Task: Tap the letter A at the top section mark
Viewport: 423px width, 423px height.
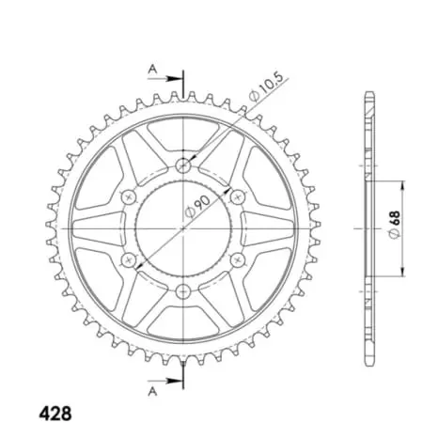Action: tap(152, 67)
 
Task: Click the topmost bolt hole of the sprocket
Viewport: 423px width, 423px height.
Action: tap(182, 165)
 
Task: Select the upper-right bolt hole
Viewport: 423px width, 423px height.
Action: tap(237, 196)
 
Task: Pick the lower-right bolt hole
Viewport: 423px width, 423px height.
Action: tap(237, 259)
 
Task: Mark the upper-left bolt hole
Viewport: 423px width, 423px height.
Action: tap(128, 196)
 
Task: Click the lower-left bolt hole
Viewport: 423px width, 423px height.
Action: tap(128, 259)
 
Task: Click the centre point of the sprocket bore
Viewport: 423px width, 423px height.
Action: tap(182, 228)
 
